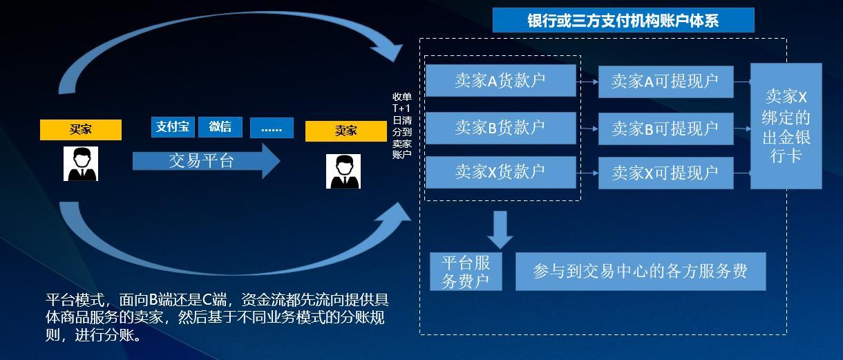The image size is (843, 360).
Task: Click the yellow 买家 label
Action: (x=80, y=129)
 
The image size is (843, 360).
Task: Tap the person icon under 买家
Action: (x=81, y=164)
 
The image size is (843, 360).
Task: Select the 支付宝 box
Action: (x=173, y=127)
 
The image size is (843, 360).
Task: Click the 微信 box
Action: (x=220, y=127)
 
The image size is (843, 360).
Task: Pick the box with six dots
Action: (x=272, y=128)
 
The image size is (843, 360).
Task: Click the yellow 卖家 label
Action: (x=345, y=131)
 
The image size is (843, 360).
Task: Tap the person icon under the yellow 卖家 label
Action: (x=343, y=171)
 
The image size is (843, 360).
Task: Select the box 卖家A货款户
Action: (x=500, y=81)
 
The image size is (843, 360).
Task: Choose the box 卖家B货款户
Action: (x=500, y=127)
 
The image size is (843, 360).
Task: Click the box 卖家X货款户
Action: (x=500, y=172)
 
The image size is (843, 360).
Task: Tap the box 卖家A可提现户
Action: (x=665, y=82)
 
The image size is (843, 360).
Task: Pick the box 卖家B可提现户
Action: (x=665, y=129)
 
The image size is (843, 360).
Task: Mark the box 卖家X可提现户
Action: (x=665, y=173)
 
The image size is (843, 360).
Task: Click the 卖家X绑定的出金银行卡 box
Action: (x=786, y=126)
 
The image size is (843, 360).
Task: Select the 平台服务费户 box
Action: (x=466, y=272)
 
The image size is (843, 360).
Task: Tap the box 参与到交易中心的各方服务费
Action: (x=640, y=271)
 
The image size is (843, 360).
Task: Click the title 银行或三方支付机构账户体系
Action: (x=623, y=20)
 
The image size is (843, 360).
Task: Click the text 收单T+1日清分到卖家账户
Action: (x=401, y=125)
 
